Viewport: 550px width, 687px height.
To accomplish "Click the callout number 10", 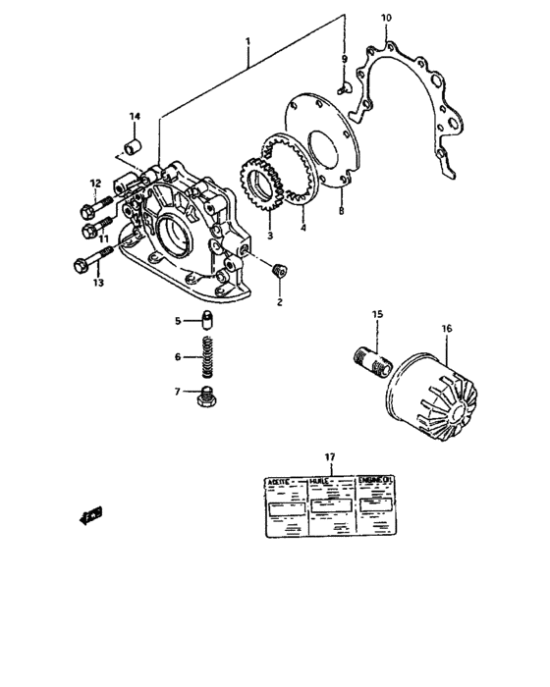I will pos(385,18).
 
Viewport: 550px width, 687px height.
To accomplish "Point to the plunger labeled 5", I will pos(208,321).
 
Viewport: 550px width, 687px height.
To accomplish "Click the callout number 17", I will pos(330,457).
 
